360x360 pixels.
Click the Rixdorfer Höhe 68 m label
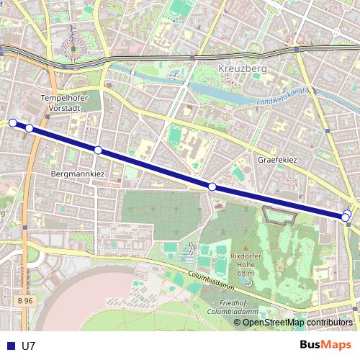tap(244, 264)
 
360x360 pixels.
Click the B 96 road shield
tap(25, 300)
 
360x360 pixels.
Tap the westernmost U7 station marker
tap(12, 123)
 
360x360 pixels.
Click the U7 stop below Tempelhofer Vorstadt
tap(30, 128)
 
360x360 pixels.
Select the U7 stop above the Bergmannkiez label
tap(98, 150)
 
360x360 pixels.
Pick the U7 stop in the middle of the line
tap(212, 187)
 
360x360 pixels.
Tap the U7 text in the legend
tap(29, 346)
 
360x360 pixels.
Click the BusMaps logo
tap(326, 345)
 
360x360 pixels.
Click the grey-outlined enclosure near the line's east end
tap(281, 215)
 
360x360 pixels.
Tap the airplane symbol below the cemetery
tap(191, 248)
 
